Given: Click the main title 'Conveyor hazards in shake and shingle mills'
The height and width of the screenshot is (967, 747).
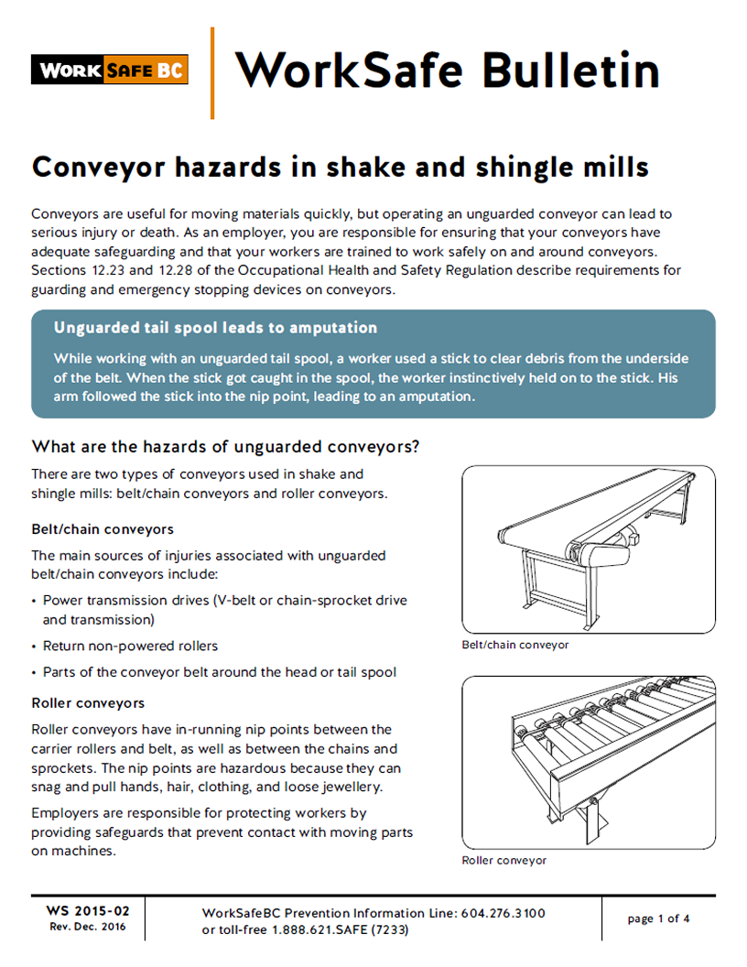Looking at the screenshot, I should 340,168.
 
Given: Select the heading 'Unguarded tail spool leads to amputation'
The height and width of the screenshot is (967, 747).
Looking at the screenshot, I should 215,328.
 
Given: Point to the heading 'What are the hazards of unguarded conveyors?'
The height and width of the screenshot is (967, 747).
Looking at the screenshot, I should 225,447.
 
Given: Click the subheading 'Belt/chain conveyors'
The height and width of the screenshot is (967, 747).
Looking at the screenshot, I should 103,529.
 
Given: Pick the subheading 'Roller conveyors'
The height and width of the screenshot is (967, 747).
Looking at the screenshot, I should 88,703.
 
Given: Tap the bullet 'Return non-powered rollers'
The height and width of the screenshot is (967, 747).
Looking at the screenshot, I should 130,646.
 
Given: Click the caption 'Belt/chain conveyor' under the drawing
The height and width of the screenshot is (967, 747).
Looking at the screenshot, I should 515,645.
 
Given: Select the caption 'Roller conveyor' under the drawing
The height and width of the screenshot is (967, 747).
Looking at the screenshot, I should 504,861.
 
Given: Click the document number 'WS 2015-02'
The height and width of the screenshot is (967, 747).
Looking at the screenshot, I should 88,911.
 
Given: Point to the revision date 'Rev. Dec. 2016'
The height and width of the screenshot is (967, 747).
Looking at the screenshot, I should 88,927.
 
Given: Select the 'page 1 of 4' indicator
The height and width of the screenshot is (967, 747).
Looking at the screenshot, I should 658,918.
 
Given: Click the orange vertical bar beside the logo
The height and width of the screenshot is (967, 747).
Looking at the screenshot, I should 212,73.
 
